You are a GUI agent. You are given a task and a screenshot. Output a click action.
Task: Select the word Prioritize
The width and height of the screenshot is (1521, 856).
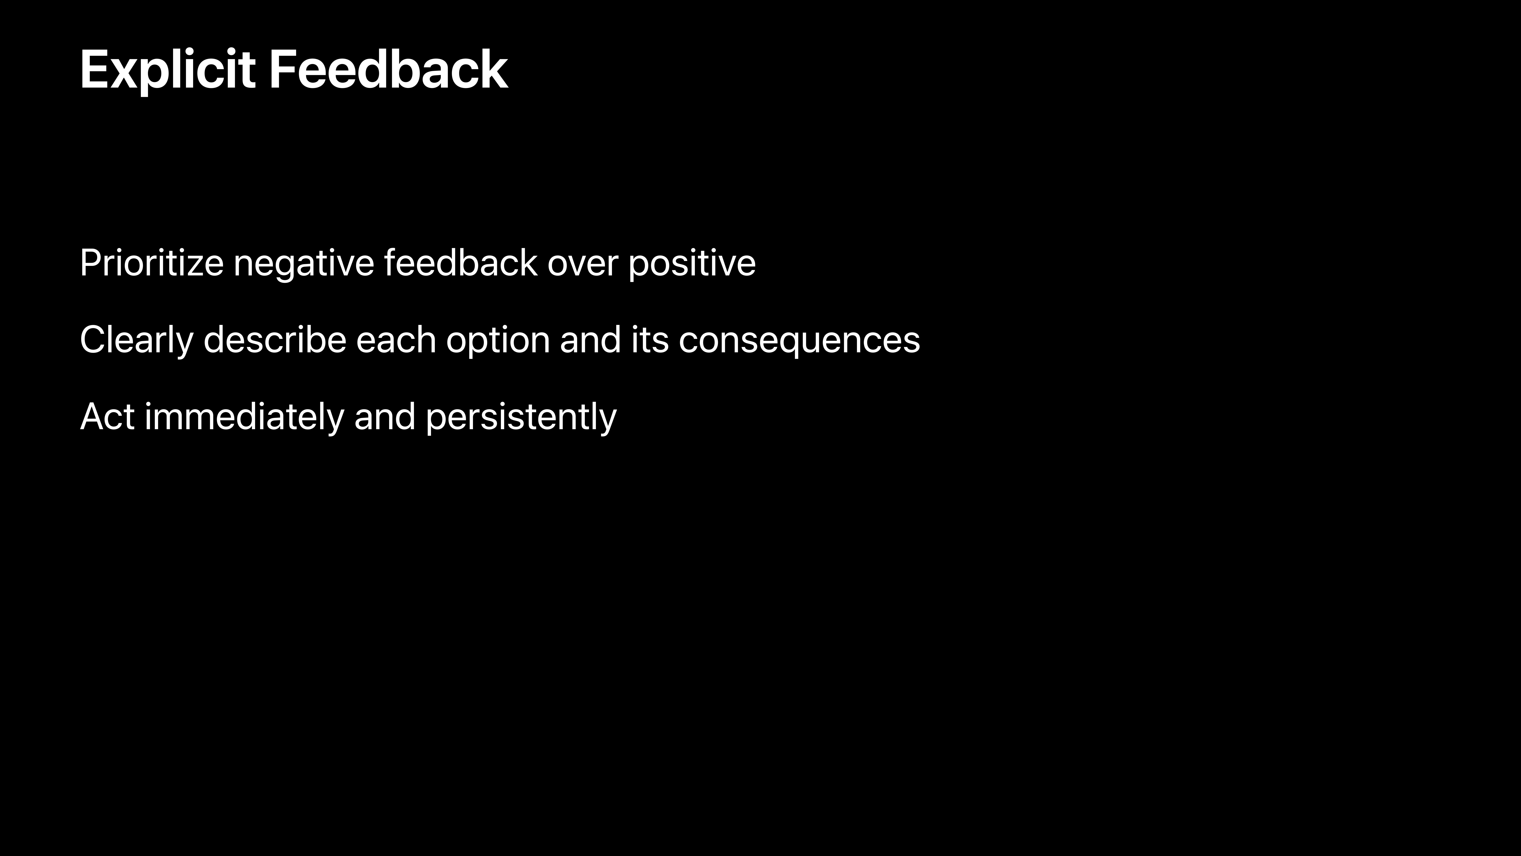152,263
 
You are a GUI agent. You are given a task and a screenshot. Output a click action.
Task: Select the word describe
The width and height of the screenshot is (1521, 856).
274,340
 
